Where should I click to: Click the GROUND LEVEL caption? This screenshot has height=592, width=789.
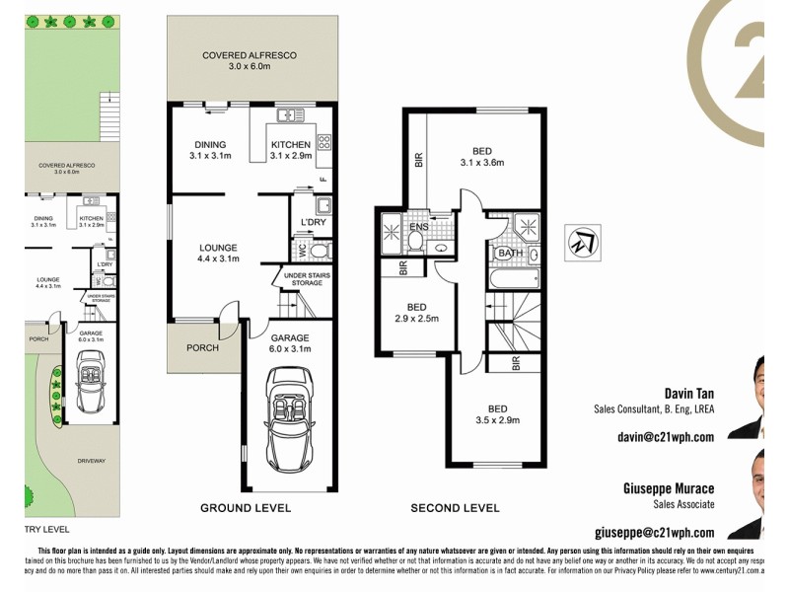point(245,508)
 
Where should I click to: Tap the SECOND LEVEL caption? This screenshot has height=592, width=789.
point(456,508)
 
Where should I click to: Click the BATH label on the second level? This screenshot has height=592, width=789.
point(510,254)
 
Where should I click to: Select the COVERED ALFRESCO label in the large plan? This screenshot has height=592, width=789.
point(250,56)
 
